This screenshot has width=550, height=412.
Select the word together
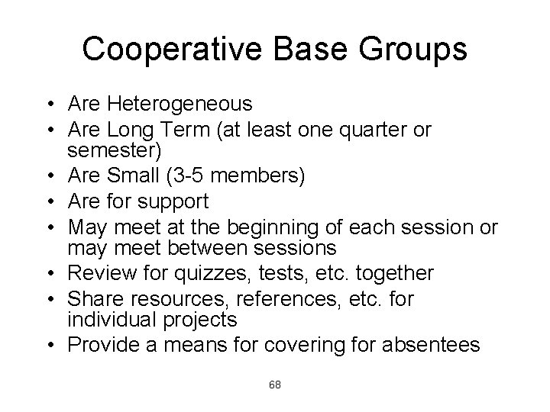click(398, 274)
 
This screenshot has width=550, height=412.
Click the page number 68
click(275, 385)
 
